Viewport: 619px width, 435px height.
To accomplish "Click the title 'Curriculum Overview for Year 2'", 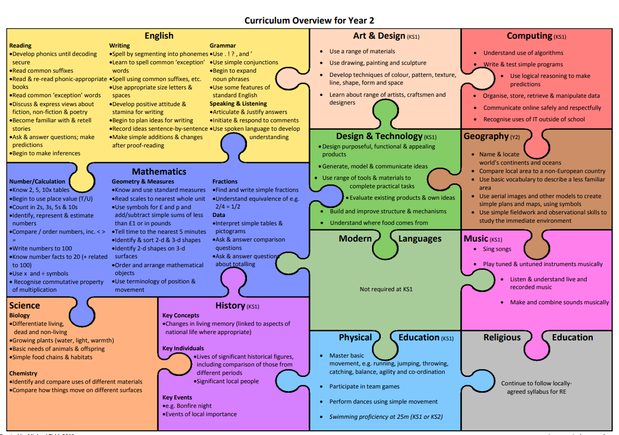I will (309, 20).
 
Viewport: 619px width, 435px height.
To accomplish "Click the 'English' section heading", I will (159, 36).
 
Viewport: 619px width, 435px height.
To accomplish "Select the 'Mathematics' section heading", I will (159, 171).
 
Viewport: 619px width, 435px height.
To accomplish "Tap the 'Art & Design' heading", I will (379, 36).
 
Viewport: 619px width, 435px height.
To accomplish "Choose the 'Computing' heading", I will (530, 36).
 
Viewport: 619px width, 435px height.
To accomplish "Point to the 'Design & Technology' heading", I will (379, 136).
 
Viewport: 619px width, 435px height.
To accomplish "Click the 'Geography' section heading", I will (486, 136).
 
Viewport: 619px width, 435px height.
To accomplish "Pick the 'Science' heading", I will (25, 305).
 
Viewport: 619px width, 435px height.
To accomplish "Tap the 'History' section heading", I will (230, 305).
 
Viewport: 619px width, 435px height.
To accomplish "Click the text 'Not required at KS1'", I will (386, 289).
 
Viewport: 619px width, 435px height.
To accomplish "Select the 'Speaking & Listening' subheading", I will (238, 104).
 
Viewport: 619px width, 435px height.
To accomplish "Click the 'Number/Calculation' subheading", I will (37, 181).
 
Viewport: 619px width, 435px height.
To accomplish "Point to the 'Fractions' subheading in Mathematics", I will (225, 181).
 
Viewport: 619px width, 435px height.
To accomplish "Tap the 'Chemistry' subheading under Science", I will (23, 373).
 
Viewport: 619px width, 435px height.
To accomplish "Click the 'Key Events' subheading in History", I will (177, 397).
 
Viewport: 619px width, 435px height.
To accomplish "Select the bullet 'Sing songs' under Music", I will (497, 249).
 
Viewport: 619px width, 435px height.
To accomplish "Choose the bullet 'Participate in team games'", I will (364, 386).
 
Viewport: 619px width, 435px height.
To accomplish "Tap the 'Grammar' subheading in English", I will (223, 45).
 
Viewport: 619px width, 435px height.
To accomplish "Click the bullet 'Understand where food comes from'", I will (379, 223).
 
